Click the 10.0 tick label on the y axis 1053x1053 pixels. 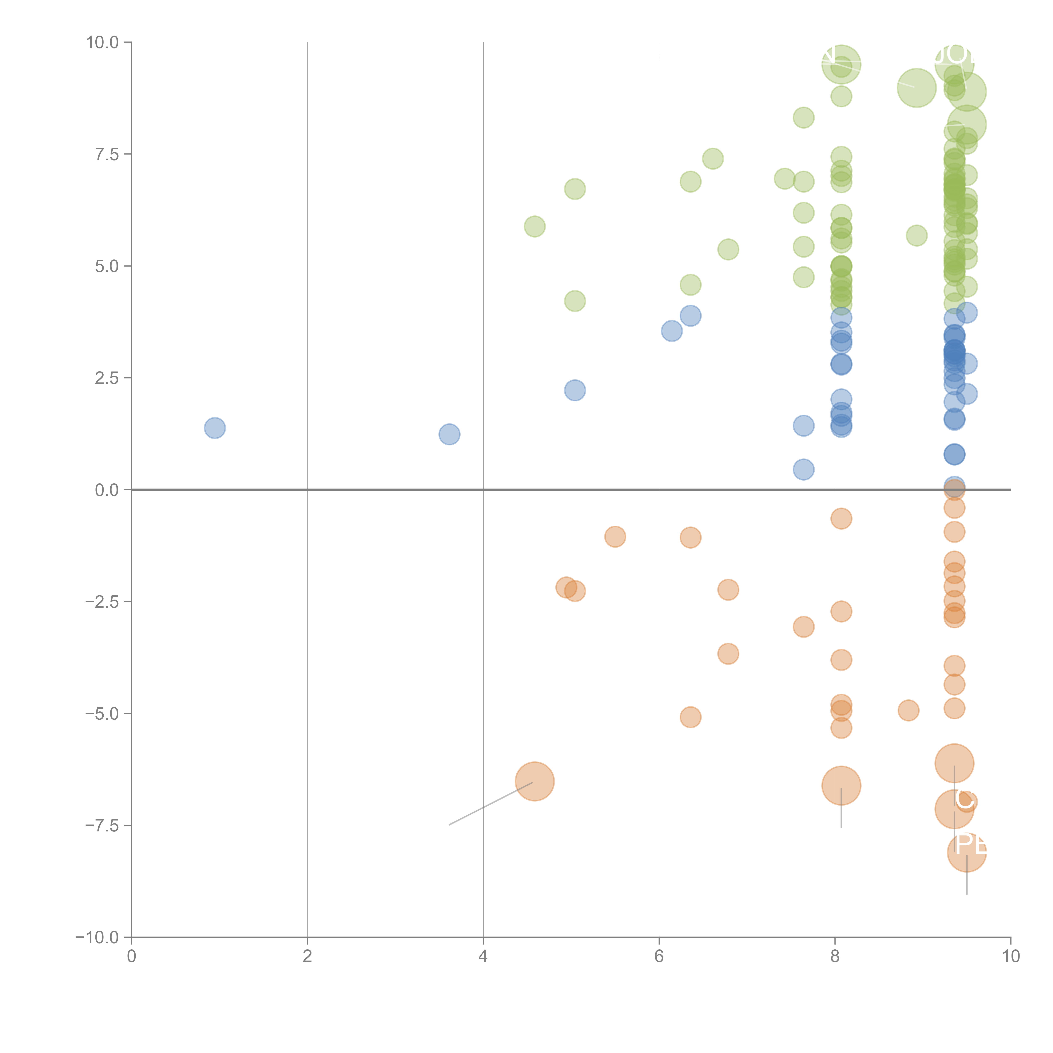103,43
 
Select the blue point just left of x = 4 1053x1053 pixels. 449,434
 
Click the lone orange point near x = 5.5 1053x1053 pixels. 615,537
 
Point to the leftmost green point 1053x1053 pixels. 535,226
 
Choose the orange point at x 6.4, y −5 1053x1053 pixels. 691,717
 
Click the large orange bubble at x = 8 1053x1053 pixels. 841,785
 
